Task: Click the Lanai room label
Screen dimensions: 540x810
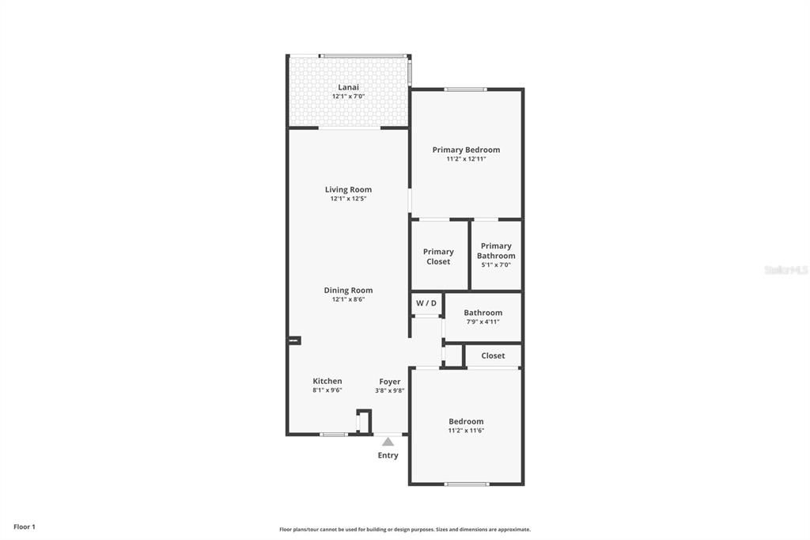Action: coord(348,87)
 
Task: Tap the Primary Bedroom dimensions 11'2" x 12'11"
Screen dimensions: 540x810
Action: coord(466,159)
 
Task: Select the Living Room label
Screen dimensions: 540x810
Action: coord(348,189)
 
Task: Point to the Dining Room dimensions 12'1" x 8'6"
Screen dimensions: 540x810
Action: coord(348,299)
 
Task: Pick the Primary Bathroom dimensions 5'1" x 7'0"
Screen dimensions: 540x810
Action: coord(496,264)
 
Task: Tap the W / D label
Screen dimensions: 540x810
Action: coord(426,303)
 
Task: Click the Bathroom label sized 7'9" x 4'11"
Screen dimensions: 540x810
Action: coord(483,313)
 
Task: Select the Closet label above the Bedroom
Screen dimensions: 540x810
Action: coord(493,356)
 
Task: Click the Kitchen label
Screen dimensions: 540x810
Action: coord(327,381)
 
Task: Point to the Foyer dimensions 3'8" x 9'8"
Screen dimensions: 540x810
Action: coord(389,390)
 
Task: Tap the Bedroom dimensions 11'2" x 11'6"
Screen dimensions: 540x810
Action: coord(466,431)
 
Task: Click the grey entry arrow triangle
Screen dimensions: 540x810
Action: coord(388,442)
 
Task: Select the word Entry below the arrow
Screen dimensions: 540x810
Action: coord(388,455)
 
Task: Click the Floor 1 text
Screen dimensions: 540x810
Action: coord(25,527)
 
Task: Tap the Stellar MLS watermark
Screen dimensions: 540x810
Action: coord(785,270)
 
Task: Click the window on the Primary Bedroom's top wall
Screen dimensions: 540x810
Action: coord(465,89)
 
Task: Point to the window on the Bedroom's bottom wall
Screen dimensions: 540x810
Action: coord(466,483)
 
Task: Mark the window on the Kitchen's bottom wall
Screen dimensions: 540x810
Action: coord(334,434)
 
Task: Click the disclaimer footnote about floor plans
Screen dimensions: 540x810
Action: coord(404,529)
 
